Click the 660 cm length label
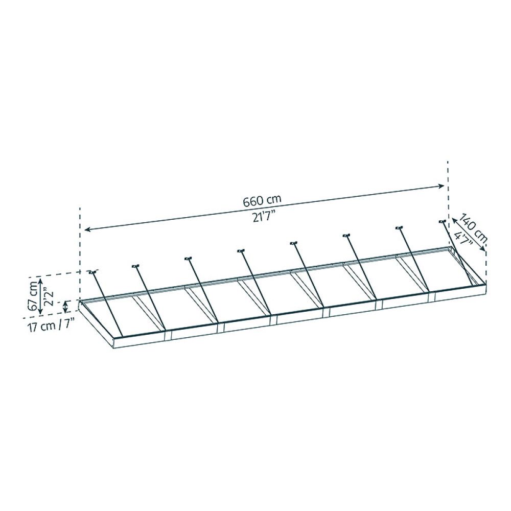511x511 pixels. pos(262,200)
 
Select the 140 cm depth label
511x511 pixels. pos(473,228)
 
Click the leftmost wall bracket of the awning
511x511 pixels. pos(92,271)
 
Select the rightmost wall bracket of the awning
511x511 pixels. pos(443,222)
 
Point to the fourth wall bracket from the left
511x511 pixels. pos(241,250)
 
